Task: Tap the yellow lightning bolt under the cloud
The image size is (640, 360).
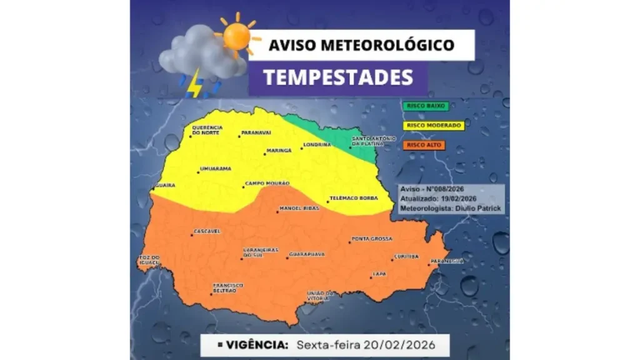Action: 195,82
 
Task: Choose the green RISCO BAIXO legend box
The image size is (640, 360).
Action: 425,106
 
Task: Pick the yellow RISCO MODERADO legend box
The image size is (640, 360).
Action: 434,126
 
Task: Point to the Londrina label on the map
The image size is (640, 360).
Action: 316,145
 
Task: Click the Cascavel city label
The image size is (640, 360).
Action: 207,231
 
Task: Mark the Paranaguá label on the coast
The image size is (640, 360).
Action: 448,261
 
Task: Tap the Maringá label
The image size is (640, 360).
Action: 279,151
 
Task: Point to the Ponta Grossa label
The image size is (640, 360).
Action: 372,239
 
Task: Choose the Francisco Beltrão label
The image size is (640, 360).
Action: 228,288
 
